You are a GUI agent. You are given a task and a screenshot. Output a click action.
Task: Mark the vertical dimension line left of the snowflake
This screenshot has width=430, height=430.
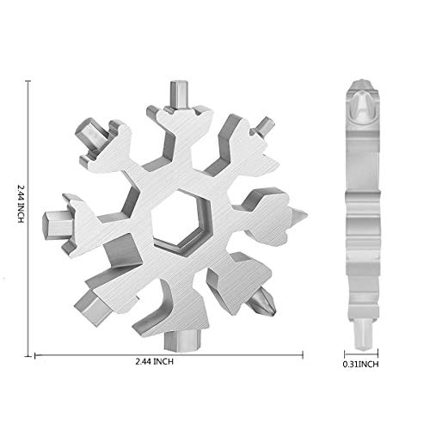pyautogui.click(x=30, y=215)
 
